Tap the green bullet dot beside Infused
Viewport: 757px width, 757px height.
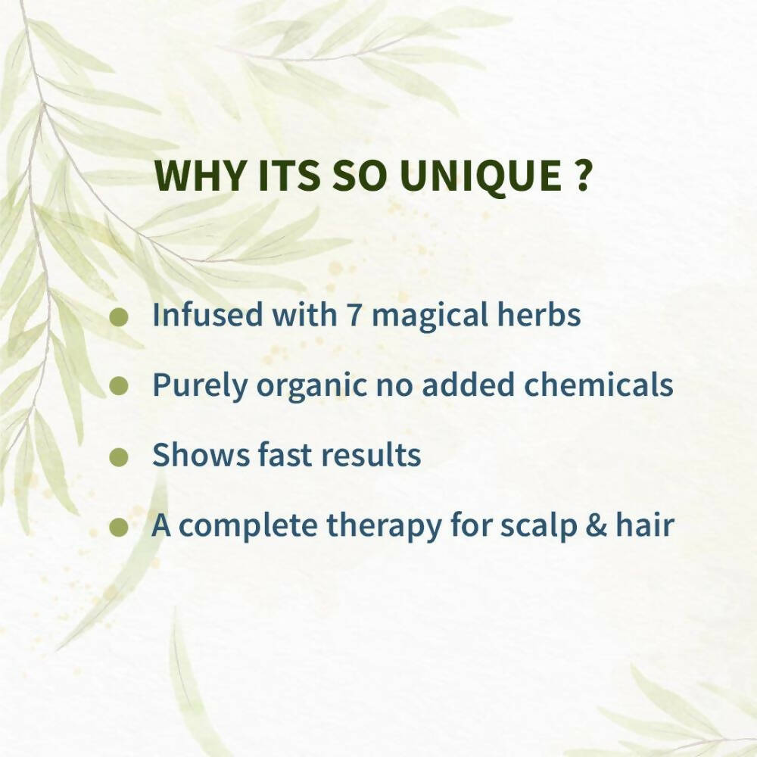click(x=118, y=316)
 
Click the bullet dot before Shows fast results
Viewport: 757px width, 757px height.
click(x=118, y=456)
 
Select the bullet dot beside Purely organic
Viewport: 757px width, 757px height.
click(x=118, y=386)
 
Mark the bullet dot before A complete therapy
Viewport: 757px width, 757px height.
click(x=118, y=526)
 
